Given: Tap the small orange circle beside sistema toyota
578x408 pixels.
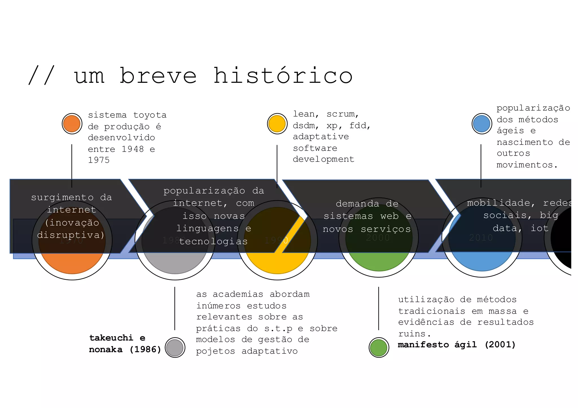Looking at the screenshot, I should tap(72, 124).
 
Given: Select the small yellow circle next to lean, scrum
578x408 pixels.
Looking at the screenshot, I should tap(277, 124).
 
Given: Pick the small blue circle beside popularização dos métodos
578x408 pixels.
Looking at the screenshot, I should tap(481, 124).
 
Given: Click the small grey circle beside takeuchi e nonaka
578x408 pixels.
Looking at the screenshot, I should tap(175, 347).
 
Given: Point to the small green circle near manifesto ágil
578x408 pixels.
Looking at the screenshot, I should tap(378, 347).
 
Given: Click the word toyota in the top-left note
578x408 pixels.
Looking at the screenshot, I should tap(150, 115).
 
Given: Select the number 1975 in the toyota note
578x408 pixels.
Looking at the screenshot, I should tap(98, 160).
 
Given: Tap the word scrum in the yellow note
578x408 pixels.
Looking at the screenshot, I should tap(342, 114).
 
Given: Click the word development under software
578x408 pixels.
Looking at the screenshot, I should tap(323, 159).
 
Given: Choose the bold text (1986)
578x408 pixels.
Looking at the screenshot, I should tap(145, 349).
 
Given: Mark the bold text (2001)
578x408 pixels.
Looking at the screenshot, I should tap(500, 344).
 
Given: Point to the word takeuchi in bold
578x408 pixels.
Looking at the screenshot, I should tap(111, 338).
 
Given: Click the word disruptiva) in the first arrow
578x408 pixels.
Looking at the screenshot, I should tap(71, 235).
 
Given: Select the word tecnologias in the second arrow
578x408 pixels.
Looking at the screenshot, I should tap(213, 241).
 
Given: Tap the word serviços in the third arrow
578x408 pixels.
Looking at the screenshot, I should tap(386, 229).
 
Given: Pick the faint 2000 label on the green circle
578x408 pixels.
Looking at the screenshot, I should tap(378, 238).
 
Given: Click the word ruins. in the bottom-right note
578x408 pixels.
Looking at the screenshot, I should tap(414, 334).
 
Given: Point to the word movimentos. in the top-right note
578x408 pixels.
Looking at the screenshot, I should tap(527, 165).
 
